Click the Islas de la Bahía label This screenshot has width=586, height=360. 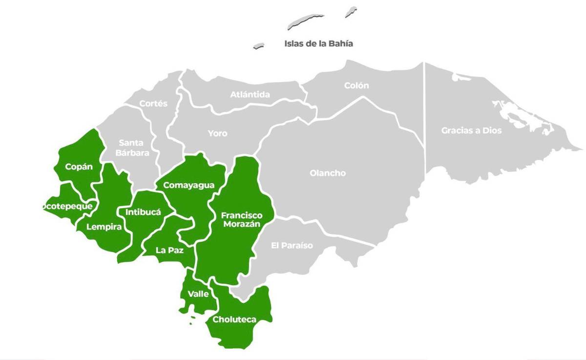coord(318,43)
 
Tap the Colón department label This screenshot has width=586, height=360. coord(356,85)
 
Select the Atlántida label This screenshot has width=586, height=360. coord(250,94)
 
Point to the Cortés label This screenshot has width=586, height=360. coord(153,104)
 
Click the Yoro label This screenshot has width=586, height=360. coord(217,133)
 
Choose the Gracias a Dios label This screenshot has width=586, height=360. coord(471,130)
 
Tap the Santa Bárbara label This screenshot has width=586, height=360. coord(131,148)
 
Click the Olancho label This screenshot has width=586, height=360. coord(328,173)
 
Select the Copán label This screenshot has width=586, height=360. coord(79,167)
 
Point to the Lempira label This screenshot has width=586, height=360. coord(104,227)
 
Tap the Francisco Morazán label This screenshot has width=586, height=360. coord(241,219)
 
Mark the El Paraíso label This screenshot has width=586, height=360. coord(292,245)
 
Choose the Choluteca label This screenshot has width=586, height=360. coord(234,319)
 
